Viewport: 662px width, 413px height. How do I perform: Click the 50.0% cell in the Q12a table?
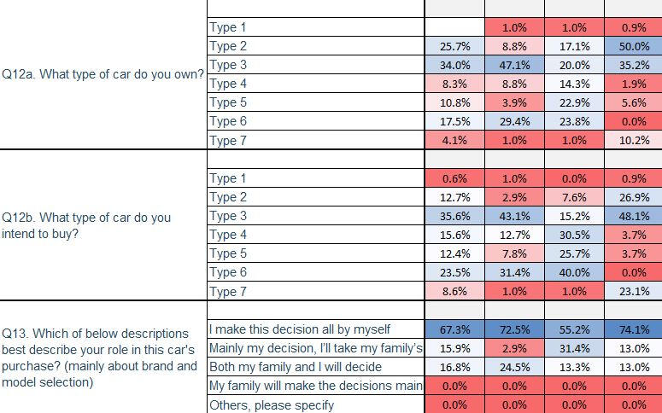632,46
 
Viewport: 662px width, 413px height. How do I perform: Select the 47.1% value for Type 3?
514,65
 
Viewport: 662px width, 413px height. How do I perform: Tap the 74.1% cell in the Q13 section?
632,329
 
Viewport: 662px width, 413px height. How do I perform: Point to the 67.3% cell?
454,329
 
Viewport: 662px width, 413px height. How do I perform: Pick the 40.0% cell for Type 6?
574,273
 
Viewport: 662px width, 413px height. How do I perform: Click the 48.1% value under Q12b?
632,216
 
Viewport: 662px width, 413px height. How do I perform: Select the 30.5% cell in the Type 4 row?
574,235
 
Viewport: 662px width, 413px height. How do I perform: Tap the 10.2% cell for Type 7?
632,140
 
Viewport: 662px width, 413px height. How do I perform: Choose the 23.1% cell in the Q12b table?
632,292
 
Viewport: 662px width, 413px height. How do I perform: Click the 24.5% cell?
514,368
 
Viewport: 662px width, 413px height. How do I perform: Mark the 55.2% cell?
574,329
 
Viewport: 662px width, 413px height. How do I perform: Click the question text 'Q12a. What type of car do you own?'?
103,75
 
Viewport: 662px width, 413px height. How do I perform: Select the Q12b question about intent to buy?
86,225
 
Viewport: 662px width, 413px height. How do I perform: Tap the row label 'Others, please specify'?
272,405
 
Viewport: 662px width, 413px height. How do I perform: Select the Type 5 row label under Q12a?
229,102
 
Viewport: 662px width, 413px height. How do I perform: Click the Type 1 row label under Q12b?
229,178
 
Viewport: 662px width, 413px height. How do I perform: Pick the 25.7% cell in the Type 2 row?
454,46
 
